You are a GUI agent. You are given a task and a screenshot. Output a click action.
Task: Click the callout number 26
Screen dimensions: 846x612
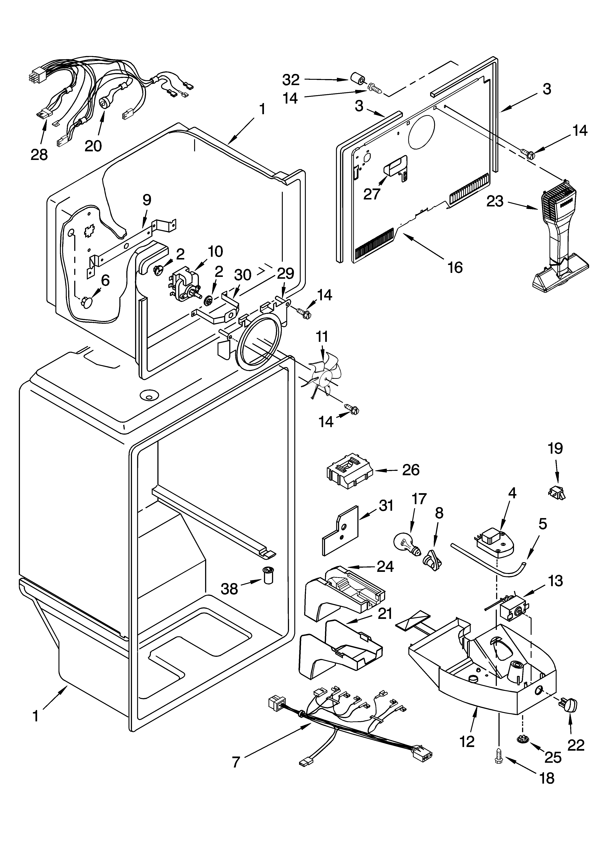coord(411,470)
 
